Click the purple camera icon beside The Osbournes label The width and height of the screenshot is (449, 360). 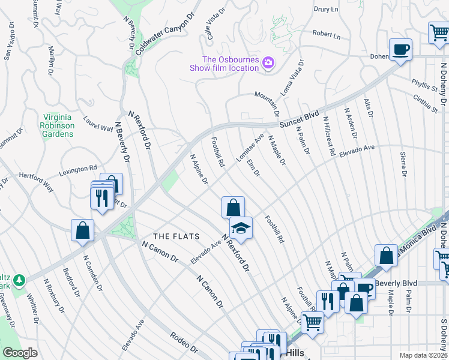[x=268, y=62]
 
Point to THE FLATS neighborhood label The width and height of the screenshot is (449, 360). [x=176, y=236]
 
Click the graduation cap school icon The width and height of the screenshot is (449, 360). [x=241, y=228]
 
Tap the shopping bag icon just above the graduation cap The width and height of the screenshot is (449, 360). [x=233, y=208]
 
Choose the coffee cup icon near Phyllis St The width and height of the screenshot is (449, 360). [x=400, y=49]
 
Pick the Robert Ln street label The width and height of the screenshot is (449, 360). [x=326, y=35]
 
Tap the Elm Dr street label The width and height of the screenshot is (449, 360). [x=253, y=167]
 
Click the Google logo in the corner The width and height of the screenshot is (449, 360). [x=20, y=353]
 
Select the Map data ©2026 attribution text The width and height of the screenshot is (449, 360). [x=423, y=355]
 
